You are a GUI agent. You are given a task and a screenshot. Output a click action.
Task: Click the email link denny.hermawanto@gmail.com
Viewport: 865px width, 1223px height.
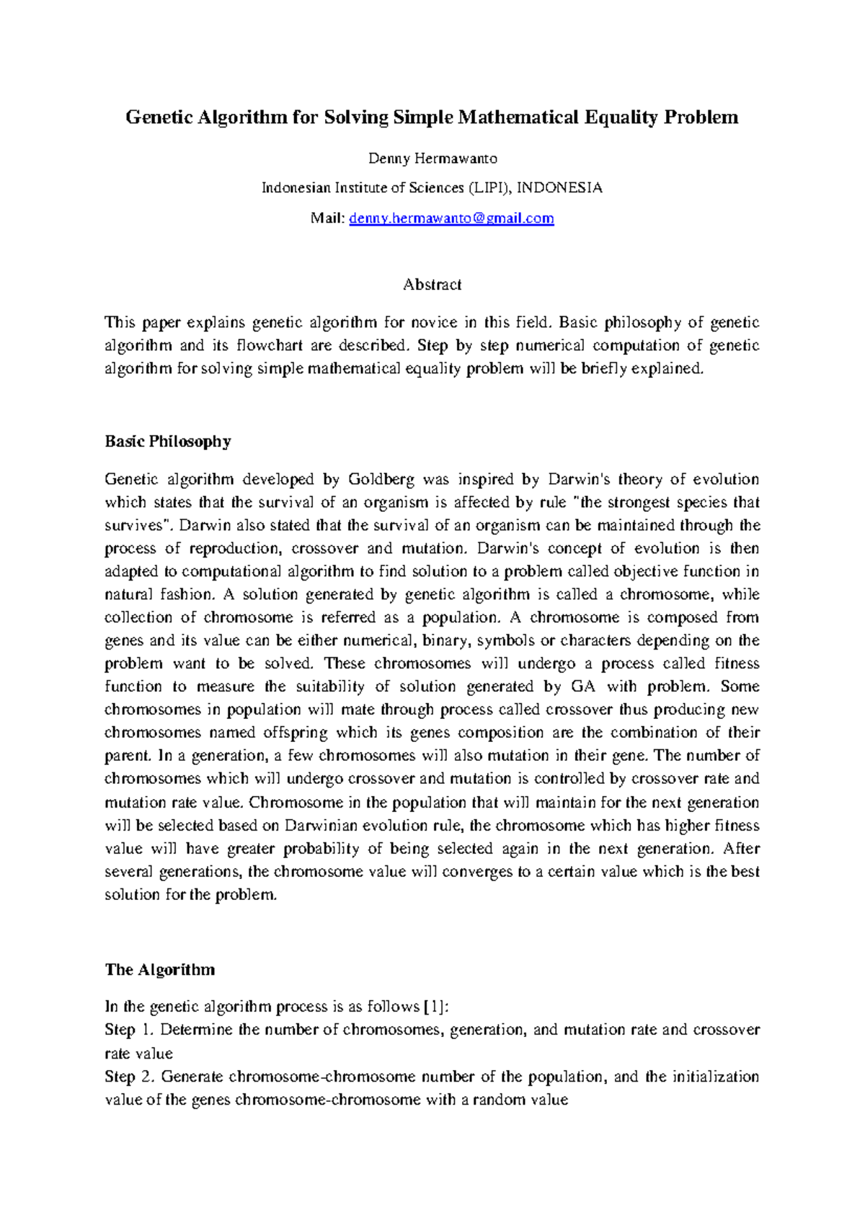click(x=451, y=218)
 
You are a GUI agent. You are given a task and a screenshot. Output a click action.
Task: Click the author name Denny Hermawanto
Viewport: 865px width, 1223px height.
click(x=432, y=159)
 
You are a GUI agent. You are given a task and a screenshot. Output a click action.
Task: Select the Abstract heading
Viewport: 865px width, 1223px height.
click(x=432, y=285)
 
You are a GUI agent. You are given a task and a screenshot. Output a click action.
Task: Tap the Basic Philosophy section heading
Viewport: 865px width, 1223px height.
click(x=167, y=441)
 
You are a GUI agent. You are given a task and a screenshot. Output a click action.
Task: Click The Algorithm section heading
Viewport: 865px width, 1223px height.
click(x=159, y=970)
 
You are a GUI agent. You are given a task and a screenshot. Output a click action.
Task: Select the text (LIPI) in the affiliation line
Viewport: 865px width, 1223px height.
click(x=490, y=188)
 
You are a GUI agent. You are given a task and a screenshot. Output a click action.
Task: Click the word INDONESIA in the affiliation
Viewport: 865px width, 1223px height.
click(x=560, y=188)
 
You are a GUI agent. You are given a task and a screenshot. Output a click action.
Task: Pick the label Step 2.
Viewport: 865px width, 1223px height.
click(x=129, y=1077)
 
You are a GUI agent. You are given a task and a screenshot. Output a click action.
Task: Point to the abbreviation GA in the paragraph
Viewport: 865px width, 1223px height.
click(x=583, y=686)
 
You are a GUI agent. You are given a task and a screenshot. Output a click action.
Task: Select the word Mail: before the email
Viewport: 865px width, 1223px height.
click(x=327, y=218)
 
